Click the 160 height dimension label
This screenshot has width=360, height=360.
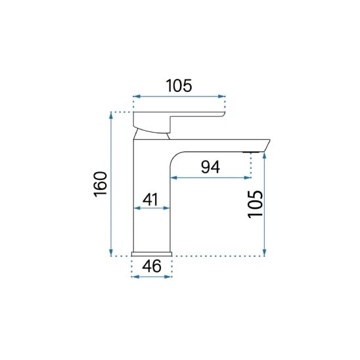click(x=101, y=183)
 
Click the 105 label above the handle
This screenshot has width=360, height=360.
click(x=179, y=85)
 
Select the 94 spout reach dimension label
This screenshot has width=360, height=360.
click(x=210, y=167)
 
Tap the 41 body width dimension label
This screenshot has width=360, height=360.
click(x=150, y=199)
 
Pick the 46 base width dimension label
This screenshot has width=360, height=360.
click(x=152, y=266)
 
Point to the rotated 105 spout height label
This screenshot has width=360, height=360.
click(x=255, y=204)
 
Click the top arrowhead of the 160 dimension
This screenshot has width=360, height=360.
click(x=111, y=115)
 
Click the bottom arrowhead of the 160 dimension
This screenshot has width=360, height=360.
click(x=111, y=253)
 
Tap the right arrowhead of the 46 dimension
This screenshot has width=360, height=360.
click(x=168, y=277)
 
